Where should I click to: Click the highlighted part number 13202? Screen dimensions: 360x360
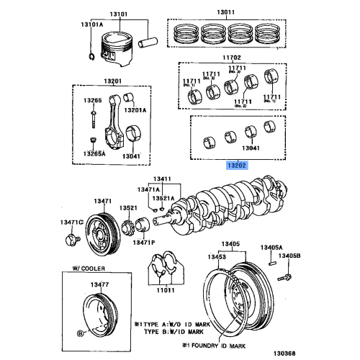tap(237, 165)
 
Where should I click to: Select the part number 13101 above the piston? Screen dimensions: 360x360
tap(119, 13)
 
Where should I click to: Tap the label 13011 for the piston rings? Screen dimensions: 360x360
tap(226, 13)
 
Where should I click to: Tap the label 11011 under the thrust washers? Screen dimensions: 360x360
tap(166, 289)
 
